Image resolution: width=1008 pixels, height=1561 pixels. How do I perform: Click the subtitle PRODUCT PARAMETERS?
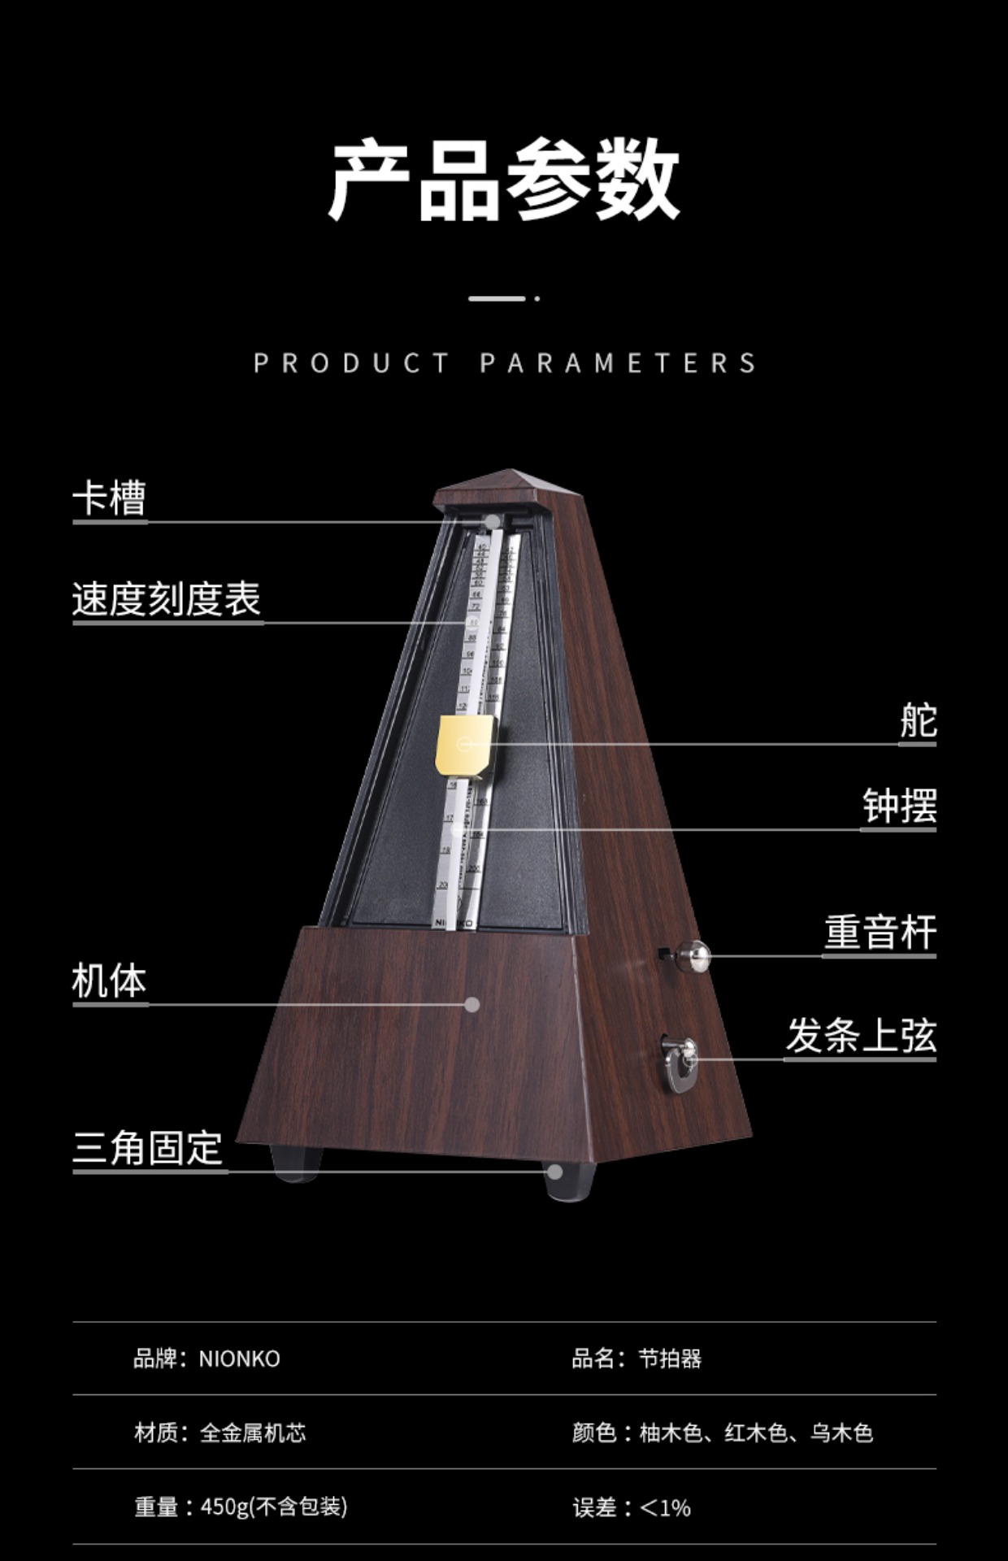click(504, 363)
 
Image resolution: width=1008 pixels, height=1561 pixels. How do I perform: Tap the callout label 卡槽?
click(109, 498)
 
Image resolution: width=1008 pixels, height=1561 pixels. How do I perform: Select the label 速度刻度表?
click(167, 599)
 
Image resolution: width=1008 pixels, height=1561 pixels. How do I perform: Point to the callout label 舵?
click(918, 720)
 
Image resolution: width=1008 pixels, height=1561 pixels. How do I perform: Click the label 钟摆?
click(899, 806)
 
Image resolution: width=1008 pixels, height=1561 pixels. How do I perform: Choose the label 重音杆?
click(880, 932)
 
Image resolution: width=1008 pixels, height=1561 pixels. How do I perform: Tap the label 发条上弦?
click(861, 1035)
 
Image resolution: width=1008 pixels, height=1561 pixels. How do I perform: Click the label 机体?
click(109, 981)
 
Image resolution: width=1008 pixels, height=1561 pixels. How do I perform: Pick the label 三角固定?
click(148, 1148)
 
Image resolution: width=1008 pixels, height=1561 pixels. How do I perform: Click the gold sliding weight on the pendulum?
click(464, 745)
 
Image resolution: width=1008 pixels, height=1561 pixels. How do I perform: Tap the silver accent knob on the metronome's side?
click(693, 956)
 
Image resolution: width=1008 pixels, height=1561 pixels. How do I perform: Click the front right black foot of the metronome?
click(569, 1180)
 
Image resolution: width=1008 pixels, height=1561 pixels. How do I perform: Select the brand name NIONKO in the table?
click(239, 1359)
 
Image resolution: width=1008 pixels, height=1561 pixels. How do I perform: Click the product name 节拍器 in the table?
click(669, 1359)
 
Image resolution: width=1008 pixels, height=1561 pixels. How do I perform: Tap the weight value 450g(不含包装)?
click(274, 1507)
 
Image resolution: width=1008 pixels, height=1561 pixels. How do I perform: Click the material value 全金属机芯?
click(253, 1433)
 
